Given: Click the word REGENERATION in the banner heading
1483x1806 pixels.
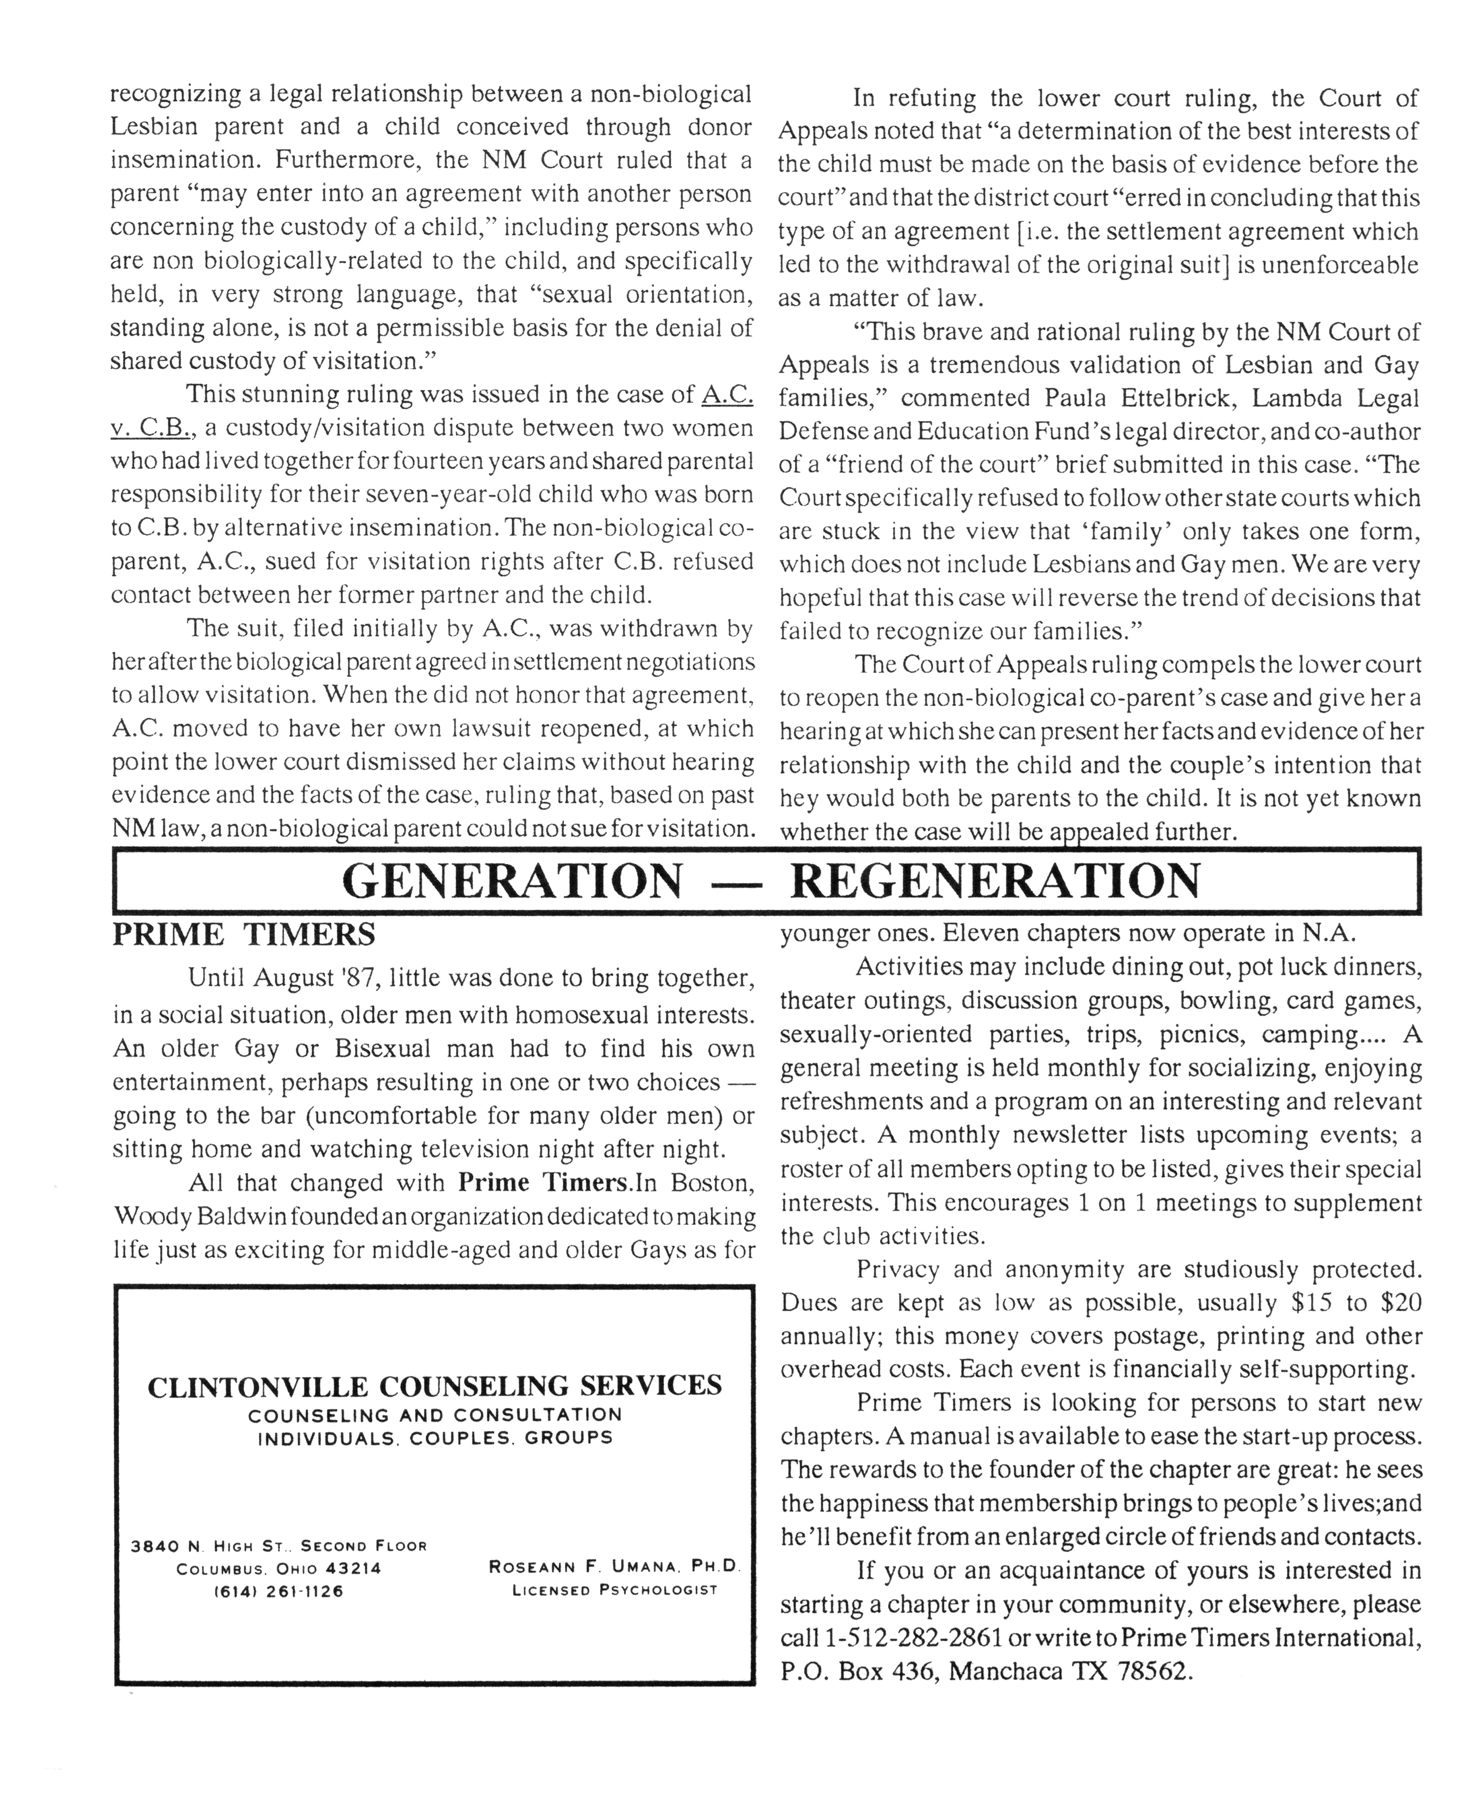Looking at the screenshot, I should [995, 881].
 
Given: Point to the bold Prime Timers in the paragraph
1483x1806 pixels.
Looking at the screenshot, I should [544, 1183].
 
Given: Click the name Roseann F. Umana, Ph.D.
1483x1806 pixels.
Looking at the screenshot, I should [614, 1567].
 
